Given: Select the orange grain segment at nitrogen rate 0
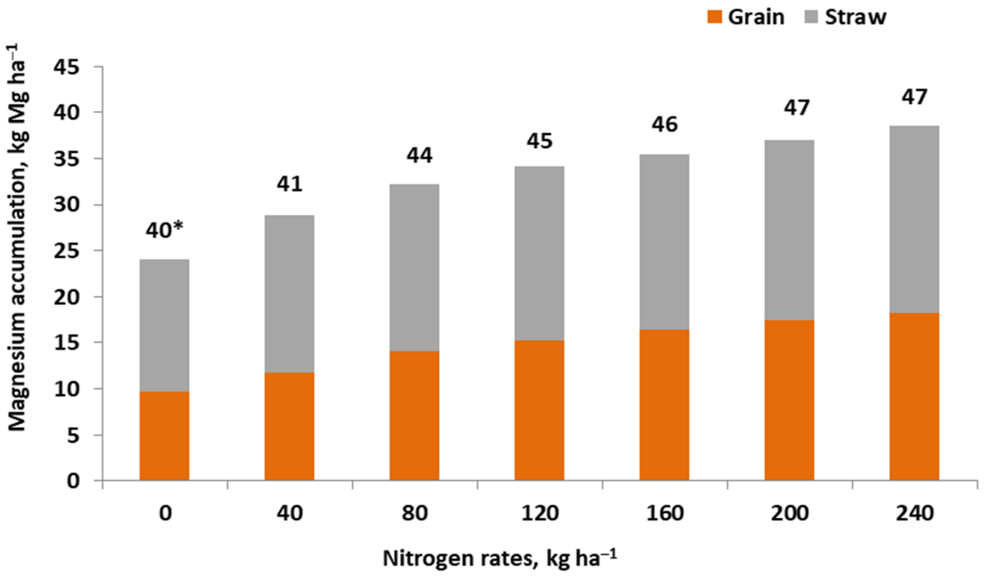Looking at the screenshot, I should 164,436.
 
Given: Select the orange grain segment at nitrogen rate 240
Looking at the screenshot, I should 914,397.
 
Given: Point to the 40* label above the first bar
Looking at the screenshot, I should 164,230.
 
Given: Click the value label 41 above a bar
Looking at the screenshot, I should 290,184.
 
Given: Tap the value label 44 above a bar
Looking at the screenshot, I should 420,155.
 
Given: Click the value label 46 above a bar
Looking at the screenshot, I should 664,124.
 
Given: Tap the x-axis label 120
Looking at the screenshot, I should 540,513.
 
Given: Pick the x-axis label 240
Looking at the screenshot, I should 914,513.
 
